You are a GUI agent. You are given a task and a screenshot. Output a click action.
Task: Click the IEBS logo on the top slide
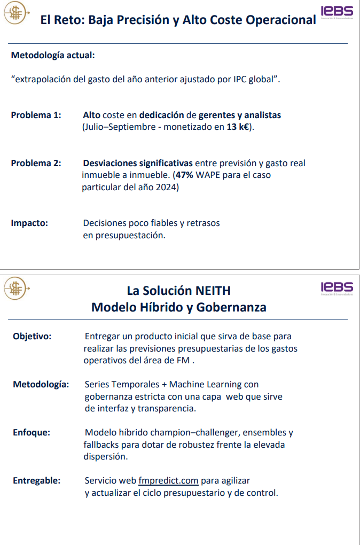click(x=337, y=12)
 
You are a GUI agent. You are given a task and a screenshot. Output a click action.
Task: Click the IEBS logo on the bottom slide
click(x=337, y=287)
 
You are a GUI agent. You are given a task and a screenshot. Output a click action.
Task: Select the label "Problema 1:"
click(x=36, y=115)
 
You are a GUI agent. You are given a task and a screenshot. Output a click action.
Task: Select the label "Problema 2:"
click(x=36, y=163)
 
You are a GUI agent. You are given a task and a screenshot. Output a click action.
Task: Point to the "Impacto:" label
click(x=29, y=223)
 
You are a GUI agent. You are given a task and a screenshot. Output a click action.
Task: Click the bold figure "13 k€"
click(x=238, y=127)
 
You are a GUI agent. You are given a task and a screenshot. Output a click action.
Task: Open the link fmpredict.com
click(x=168, y=480)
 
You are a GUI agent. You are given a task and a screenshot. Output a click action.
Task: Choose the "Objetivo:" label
click(x=32, y=336)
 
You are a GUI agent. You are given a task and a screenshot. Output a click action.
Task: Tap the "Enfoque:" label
click(x=32, y=432)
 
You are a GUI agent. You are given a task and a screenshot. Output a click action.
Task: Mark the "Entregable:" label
click(x=36, y=480)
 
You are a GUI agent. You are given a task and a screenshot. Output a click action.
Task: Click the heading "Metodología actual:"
click(x=53, y=55)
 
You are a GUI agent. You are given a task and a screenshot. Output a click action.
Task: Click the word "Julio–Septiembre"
click(x=115, y=127)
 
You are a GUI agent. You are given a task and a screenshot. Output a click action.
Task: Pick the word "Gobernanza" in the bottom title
click(x=231, y=307)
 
